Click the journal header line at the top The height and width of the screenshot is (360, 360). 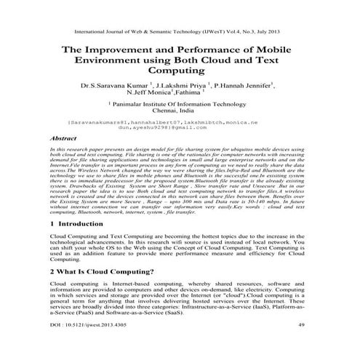pos(179,32)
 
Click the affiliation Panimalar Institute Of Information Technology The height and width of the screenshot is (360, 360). pos(180,105)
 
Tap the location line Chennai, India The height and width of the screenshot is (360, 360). pos(179,113)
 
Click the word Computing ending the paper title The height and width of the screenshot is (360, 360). pos(179,72)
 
